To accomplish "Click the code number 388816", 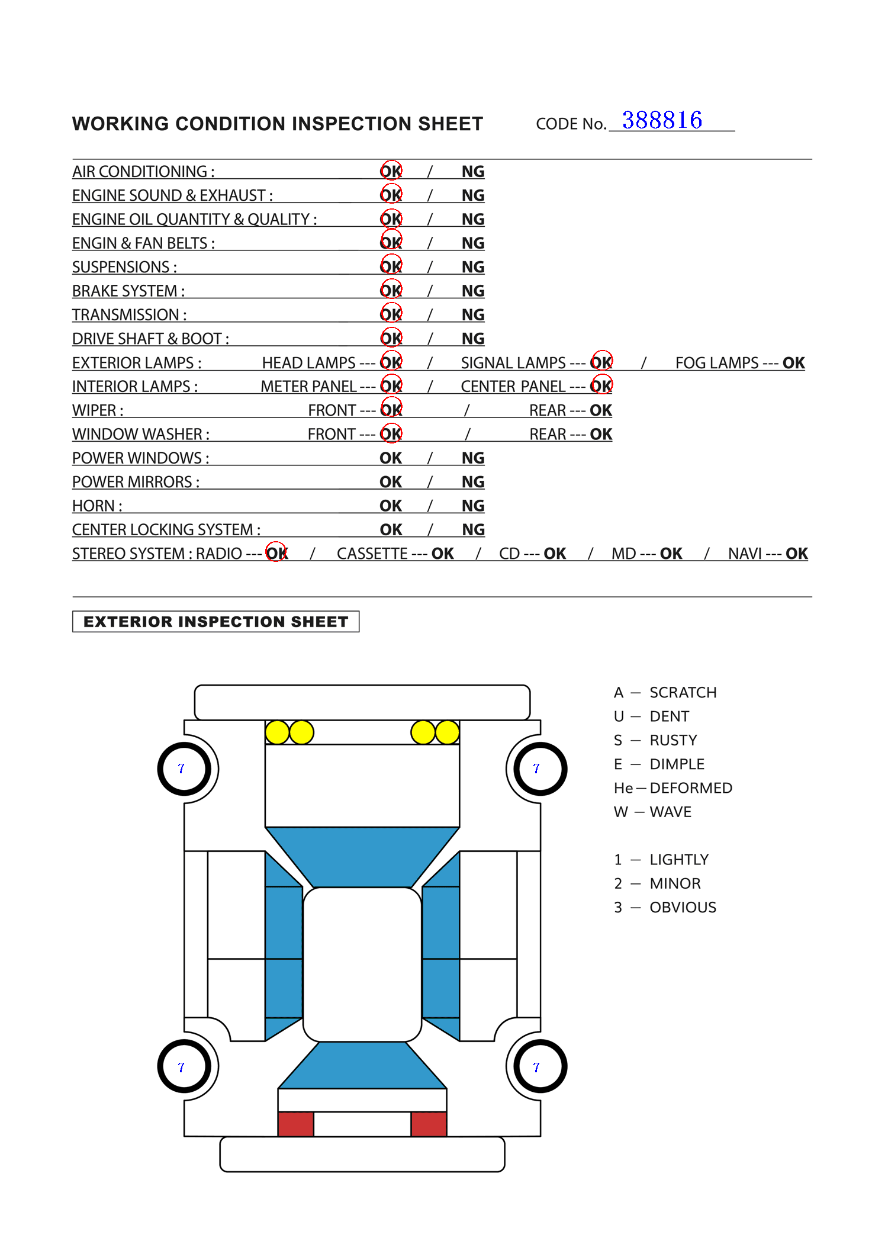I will point(662,120).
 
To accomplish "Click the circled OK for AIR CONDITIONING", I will point(391,171).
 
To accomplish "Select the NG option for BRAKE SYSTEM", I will point(473,291).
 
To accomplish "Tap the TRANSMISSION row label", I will point(129,315).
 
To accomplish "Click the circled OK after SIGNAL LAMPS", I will point(601,362).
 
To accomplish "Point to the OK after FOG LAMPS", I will point(793,363).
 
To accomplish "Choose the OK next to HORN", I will point(391,506).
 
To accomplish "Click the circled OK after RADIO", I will point(276,553).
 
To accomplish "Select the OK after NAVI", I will point(796,554).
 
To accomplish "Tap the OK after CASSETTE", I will point(442,554).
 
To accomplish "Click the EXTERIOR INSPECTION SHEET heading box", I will point(215,622).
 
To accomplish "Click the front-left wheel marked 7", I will point(184,769).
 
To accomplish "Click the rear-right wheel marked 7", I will point(539,1067).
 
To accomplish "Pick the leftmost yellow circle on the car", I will point(277,732).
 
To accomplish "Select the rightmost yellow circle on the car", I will point(447,732).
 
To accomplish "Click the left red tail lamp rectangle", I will point(295,1124).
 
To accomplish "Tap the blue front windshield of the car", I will point(362,856).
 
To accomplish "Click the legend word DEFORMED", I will point(691,788).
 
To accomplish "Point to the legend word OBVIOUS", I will point(683,907).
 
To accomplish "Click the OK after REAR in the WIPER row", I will point(600,410).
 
